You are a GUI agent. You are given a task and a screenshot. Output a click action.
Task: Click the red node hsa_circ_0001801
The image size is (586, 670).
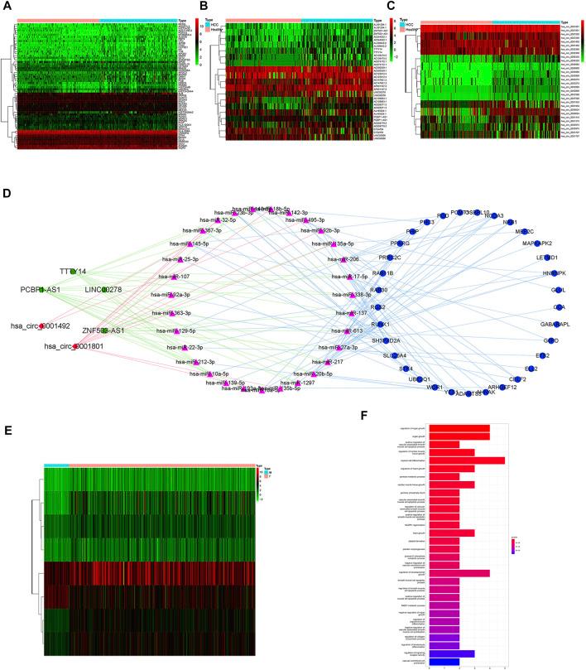coord(75,345)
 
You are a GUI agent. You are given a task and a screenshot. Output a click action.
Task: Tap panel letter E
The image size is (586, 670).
coord(7,430)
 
